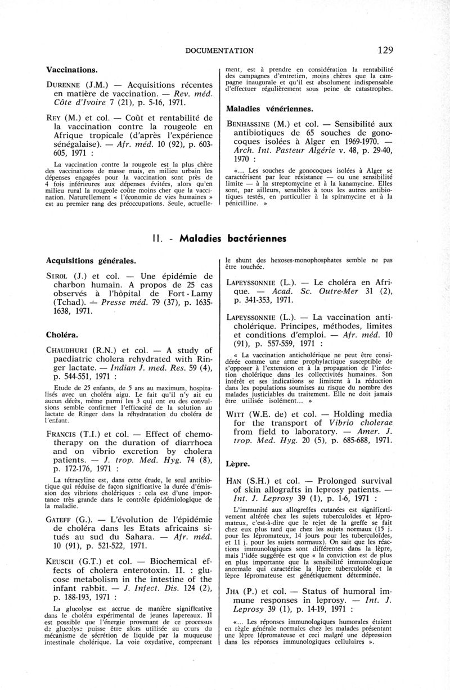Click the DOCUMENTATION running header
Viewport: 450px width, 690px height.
[219, 51]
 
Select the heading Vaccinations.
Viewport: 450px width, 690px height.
[72, 70]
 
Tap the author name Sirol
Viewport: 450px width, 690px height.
[58, 276]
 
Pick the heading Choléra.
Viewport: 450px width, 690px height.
[61, 333]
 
